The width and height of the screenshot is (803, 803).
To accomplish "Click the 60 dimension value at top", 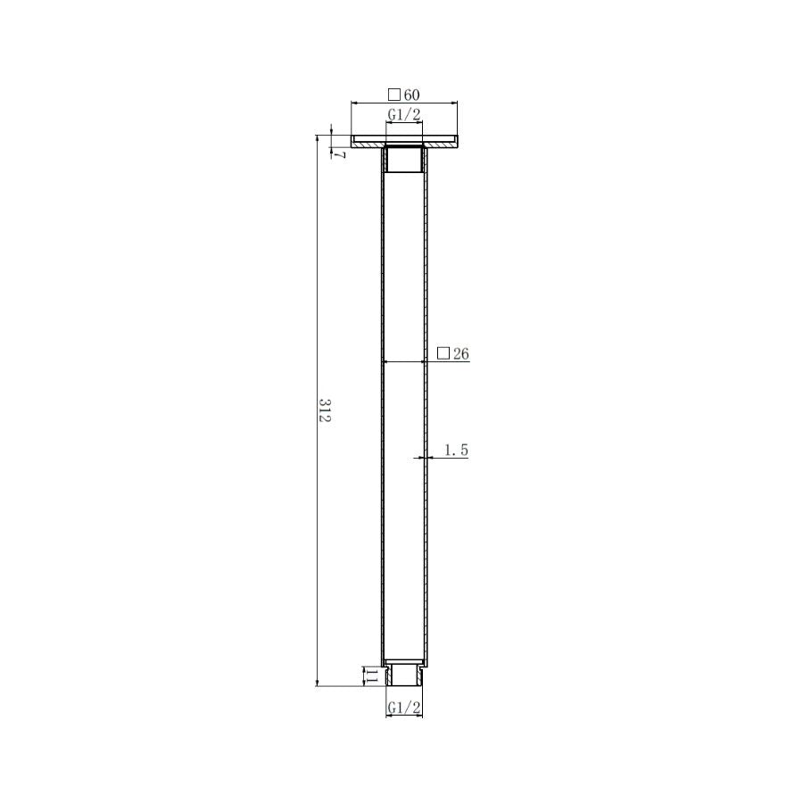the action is pos(411,95).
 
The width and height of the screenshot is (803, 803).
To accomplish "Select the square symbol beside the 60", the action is pos(393,95).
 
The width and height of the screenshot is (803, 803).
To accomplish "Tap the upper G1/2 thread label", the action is pos(404,115).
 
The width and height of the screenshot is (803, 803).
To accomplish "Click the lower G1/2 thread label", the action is pos(404,708).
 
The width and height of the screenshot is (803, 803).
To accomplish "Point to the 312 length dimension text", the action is pos(325,410).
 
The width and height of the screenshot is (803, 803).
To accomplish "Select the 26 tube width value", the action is pos(461,353).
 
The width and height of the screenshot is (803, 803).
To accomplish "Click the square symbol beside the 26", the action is pos(443,352).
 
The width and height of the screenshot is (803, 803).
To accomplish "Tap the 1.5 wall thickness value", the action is pos(456,451).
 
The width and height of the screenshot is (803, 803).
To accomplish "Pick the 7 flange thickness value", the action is pos(340,154).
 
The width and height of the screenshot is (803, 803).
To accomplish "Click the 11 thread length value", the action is pos(371,676).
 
